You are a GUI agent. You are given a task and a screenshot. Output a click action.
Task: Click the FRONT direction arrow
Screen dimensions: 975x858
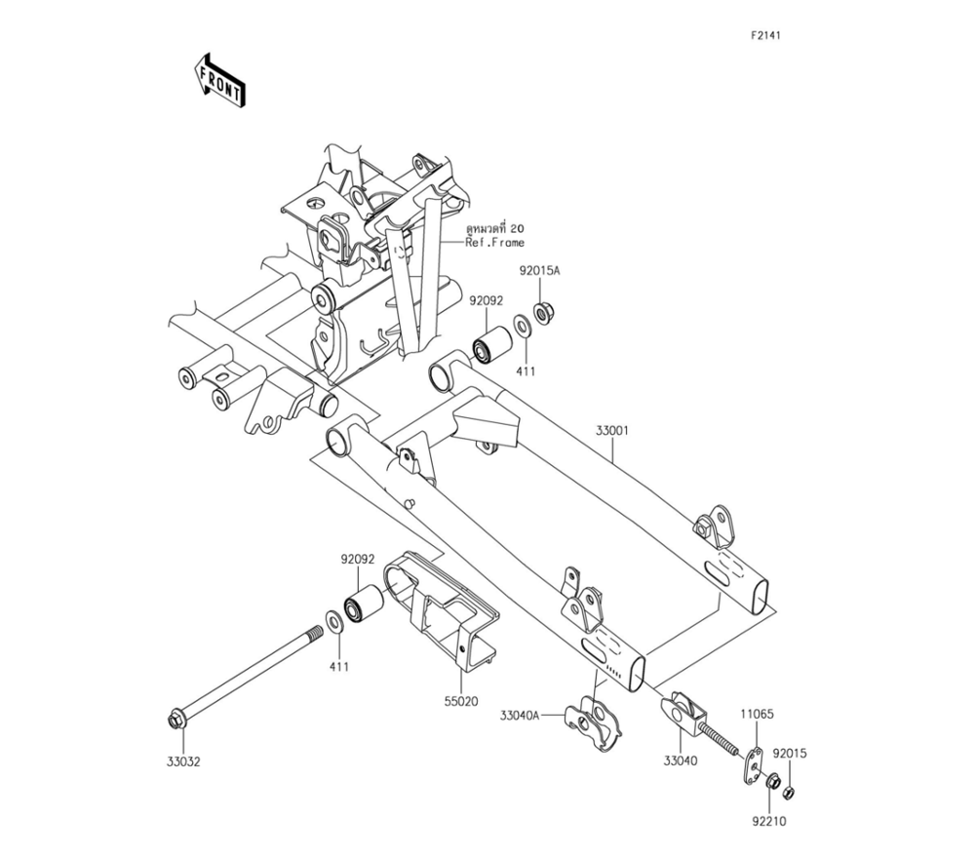[219, 82]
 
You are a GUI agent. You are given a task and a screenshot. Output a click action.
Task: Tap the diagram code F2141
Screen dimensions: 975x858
[764, 35]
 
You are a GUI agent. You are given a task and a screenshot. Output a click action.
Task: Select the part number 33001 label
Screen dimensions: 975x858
[612, 430]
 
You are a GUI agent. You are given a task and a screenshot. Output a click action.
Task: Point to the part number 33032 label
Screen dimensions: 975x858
[183, 761]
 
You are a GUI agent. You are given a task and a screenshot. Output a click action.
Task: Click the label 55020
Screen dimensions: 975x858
[461, 701]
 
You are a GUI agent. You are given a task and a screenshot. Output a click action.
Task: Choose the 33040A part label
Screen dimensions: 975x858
[520, 716]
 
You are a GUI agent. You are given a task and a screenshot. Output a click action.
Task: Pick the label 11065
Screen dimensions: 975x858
[757, 715]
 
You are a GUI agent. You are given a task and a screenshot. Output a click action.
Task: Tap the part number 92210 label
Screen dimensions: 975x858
[769, 821]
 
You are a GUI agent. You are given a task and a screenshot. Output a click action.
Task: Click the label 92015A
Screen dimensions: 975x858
[540, 271]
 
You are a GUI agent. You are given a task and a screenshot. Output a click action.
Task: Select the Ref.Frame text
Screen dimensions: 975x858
[495, 243]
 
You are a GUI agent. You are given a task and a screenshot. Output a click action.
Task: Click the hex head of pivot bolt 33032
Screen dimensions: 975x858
[175, 721]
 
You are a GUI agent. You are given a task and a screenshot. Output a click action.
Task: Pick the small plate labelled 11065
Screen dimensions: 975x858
[754, 767]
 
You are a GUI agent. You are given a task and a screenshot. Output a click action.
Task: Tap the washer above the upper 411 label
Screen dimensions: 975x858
[522, 327]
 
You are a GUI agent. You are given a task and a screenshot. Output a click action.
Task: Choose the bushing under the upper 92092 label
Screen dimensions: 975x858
[492, 343]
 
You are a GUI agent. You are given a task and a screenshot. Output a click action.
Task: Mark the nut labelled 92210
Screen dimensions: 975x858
[773, 783]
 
